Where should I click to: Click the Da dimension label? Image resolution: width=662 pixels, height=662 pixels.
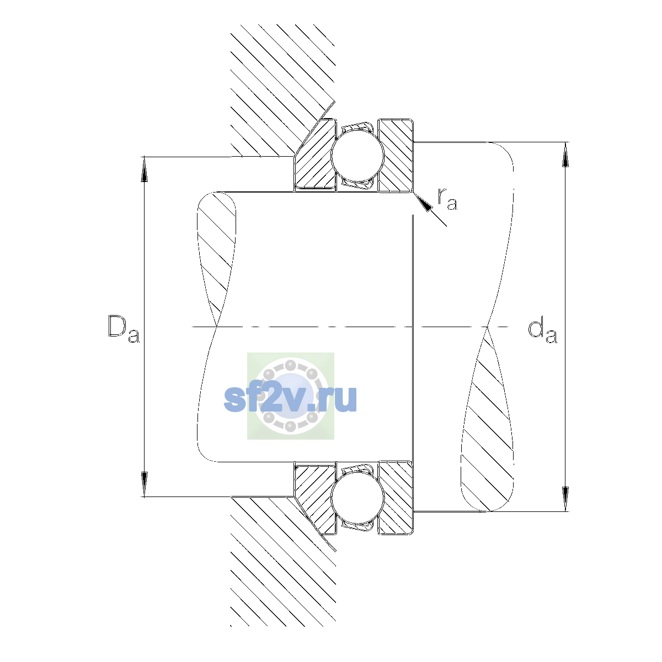point(124,329)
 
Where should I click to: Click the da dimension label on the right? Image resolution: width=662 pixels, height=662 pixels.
point(542,331)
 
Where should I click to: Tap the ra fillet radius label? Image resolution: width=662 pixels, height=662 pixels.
point(447,199)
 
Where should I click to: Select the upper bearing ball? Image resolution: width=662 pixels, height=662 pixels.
point(357,156)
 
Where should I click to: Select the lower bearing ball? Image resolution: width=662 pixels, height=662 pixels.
point(357,498)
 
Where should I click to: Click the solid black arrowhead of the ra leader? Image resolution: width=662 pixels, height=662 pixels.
point(423,203)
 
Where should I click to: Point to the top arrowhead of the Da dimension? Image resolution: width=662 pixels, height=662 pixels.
point(145,169)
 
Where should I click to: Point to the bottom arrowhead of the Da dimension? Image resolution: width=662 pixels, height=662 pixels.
point(145,484)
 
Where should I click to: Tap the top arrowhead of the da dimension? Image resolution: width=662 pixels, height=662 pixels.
point(565,154)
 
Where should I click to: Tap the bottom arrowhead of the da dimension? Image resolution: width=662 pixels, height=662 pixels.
point(565,499)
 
